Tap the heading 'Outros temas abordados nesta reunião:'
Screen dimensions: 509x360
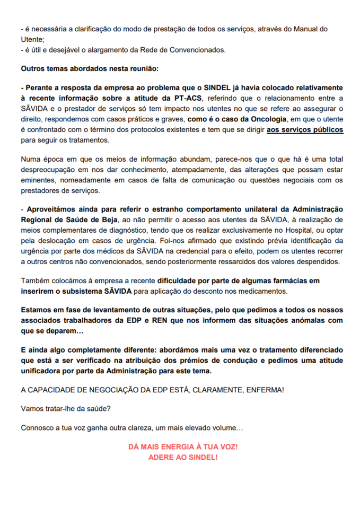[x=90, y=69]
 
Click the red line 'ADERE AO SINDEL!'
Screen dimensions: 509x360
[x=183, y=457]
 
